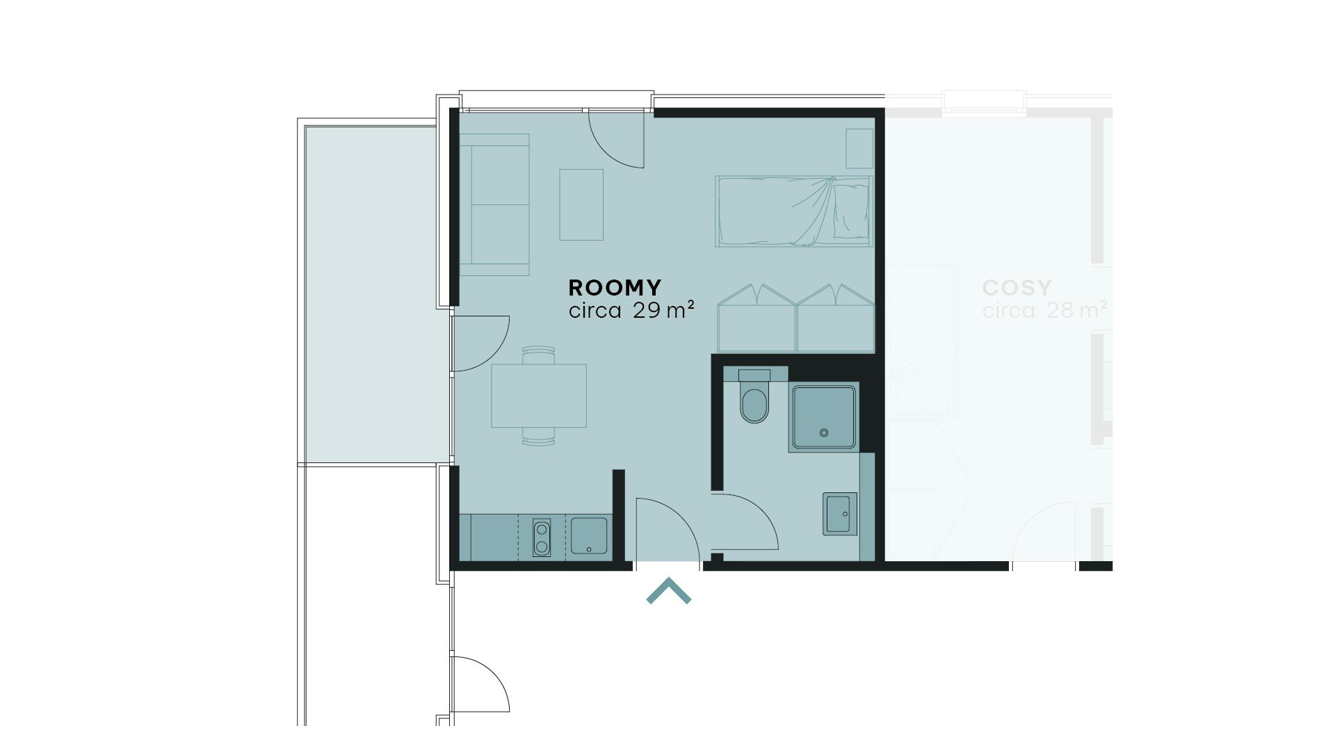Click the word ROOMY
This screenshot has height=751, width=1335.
[615, 287]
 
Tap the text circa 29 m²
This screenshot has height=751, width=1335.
[632, 310]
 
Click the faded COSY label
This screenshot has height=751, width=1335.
[1017, 287]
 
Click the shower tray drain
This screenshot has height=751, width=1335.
[825, 433]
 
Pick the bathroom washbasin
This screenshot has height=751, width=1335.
[840, 514]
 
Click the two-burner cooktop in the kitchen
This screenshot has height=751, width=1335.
[541, 538]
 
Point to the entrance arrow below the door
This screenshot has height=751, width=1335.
[669, 590]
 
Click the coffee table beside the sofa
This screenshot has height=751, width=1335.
[581, 204]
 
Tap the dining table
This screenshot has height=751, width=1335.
[539, 396]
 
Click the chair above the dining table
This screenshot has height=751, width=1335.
[539, 355]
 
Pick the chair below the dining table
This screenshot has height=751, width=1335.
[539, 437]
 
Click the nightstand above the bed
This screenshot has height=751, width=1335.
[859, 148]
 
